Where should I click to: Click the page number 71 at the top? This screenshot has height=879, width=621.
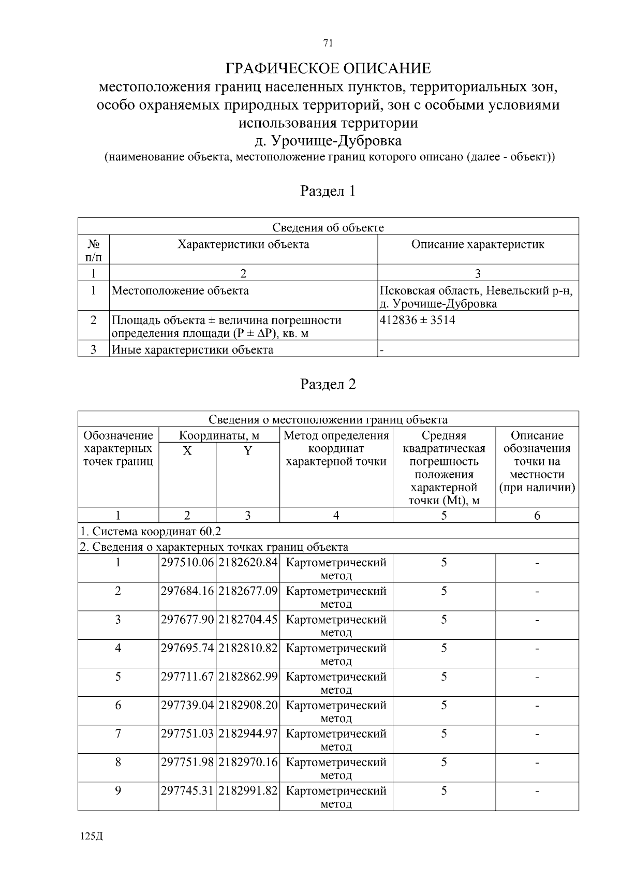(x=327, y=43)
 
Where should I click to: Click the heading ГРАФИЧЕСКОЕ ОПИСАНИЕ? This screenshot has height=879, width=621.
(x=328, y=68)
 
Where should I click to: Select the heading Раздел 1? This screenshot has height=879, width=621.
(x=328, y=191)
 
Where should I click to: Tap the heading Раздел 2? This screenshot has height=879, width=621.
(x=328, y=384)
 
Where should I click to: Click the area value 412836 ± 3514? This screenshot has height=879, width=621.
(x=418, y=320)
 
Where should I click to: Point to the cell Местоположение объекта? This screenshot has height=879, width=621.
(x=180, y=290)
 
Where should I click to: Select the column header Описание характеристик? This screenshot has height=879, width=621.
(x=478, y=244)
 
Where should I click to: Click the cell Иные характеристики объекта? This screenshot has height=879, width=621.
(x=193, y=349)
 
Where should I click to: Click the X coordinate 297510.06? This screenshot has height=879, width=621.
(x=187, y=563)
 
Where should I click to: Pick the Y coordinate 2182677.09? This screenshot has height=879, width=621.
(x=248, y=591)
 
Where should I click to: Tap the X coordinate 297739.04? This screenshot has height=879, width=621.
(x=187, y=705)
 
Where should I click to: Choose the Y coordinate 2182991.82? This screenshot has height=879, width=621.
(x=248, y=790)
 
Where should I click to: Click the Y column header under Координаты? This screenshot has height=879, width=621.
(x=248, y=451)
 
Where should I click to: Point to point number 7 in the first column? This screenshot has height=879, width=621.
(x=118, y=734)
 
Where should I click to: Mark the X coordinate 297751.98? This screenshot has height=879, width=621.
(x=187, y=762)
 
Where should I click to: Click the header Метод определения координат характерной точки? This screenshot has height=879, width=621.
(x=336, y=448)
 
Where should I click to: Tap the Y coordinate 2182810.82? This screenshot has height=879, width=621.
(x=248, y=648)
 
